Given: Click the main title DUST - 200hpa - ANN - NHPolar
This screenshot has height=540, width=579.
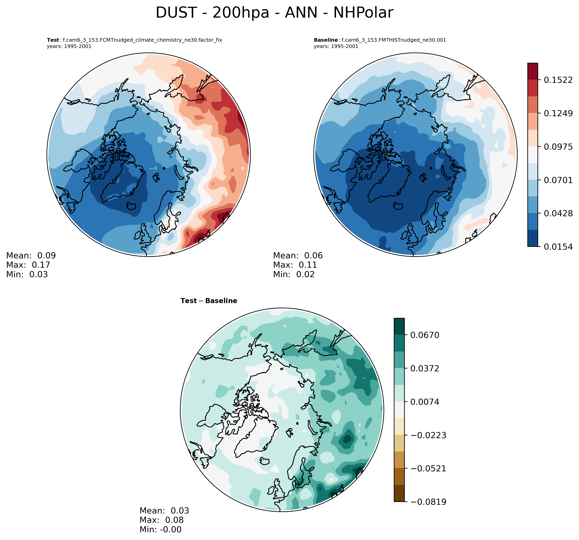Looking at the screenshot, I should pyautogui.click(x=274, y=13).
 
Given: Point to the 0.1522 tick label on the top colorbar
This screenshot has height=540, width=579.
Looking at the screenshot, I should pyautogui.click(x=558, y=80).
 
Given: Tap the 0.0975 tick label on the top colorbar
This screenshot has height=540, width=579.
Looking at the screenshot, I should pyautogui.click(x=558, y=147).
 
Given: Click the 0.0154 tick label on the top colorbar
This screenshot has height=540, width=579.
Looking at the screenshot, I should pyautogui.click(x=558, y=247).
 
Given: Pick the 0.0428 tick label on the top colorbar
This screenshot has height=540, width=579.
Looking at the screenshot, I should pyautogui.click(x=558, y=213).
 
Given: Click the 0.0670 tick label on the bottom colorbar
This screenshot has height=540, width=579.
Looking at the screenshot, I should pyautogui.click(x=425, y=335).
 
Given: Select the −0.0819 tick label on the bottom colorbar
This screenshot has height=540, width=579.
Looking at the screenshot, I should pyautogui.click(x=428, y=502).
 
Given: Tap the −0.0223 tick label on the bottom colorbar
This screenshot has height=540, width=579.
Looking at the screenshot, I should pyautogui.click(x=428, y=435).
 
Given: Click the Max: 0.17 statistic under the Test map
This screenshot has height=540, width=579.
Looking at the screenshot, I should pyautogui.click(x=28, y=265).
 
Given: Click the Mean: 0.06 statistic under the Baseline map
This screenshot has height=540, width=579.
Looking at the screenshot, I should pyautogui.click(x=298, y=256).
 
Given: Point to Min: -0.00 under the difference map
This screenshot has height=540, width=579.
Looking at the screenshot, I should pyautogui.click(x=160, y=529).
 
